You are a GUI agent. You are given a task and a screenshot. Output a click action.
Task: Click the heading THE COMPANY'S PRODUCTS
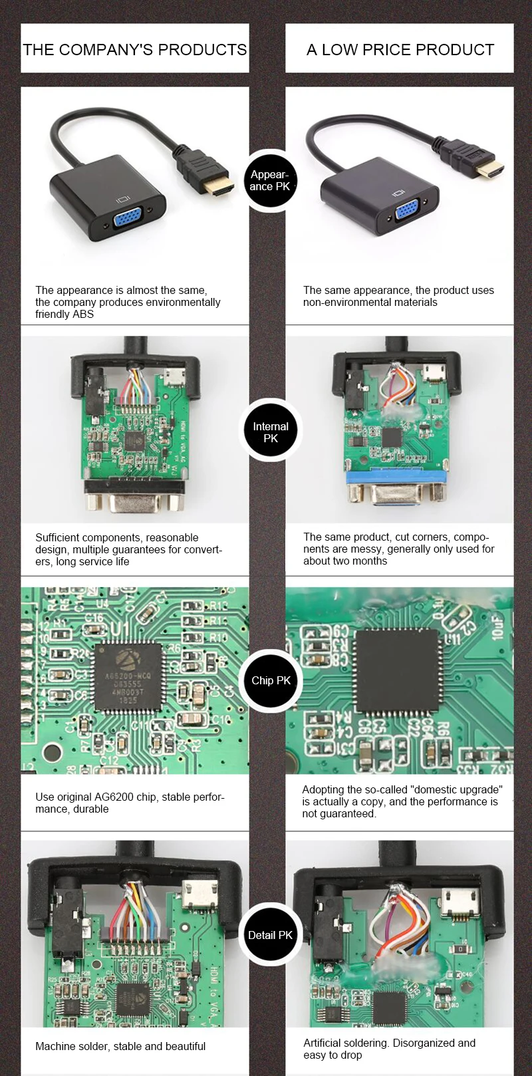click(135, 50)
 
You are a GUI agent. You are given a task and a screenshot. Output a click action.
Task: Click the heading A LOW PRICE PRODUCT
click(400, 50)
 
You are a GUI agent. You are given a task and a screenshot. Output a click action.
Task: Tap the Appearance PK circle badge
click(270, 180)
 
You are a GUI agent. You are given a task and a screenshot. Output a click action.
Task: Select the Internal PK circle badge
click(270, 432)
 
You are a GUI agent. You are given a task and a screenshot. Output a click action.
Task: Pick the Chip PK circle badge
click(271, 680)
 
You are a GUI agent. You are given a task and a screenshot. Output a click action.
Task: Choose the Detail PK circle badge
click(270, 935)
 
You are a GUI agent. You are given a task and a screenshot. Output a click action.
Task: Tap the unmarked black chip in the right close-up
click(398, 674)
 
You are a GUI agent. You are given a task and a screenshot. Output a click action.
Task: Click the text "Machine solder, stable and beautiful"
click(120, 1046)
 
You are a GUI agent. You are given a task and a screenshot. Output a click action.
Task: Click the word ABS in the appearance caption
click(82, 314)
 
